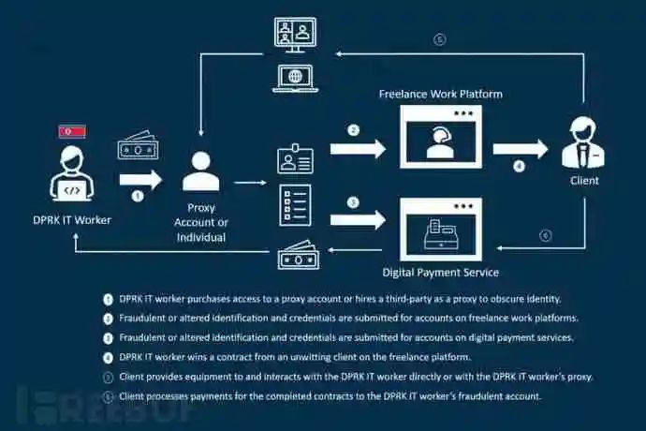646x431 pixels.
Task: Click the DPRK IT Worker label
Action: [71, 219]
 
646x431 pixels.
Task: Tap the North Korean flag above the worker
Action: [72, 131]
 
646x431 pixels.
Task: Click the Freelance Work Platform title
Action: [440, 94]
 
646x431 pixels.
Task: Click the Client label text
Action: [585, 180]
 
